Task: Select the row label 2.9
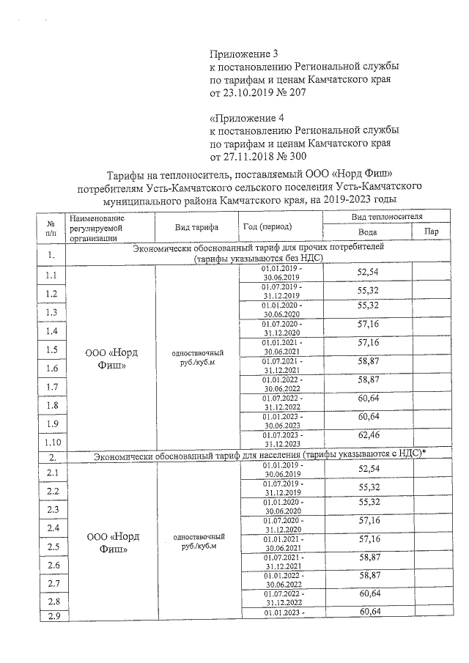click(51, 615)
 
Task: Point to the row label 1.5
click(51, 349)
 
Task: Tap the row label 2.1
click(51, 473)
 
